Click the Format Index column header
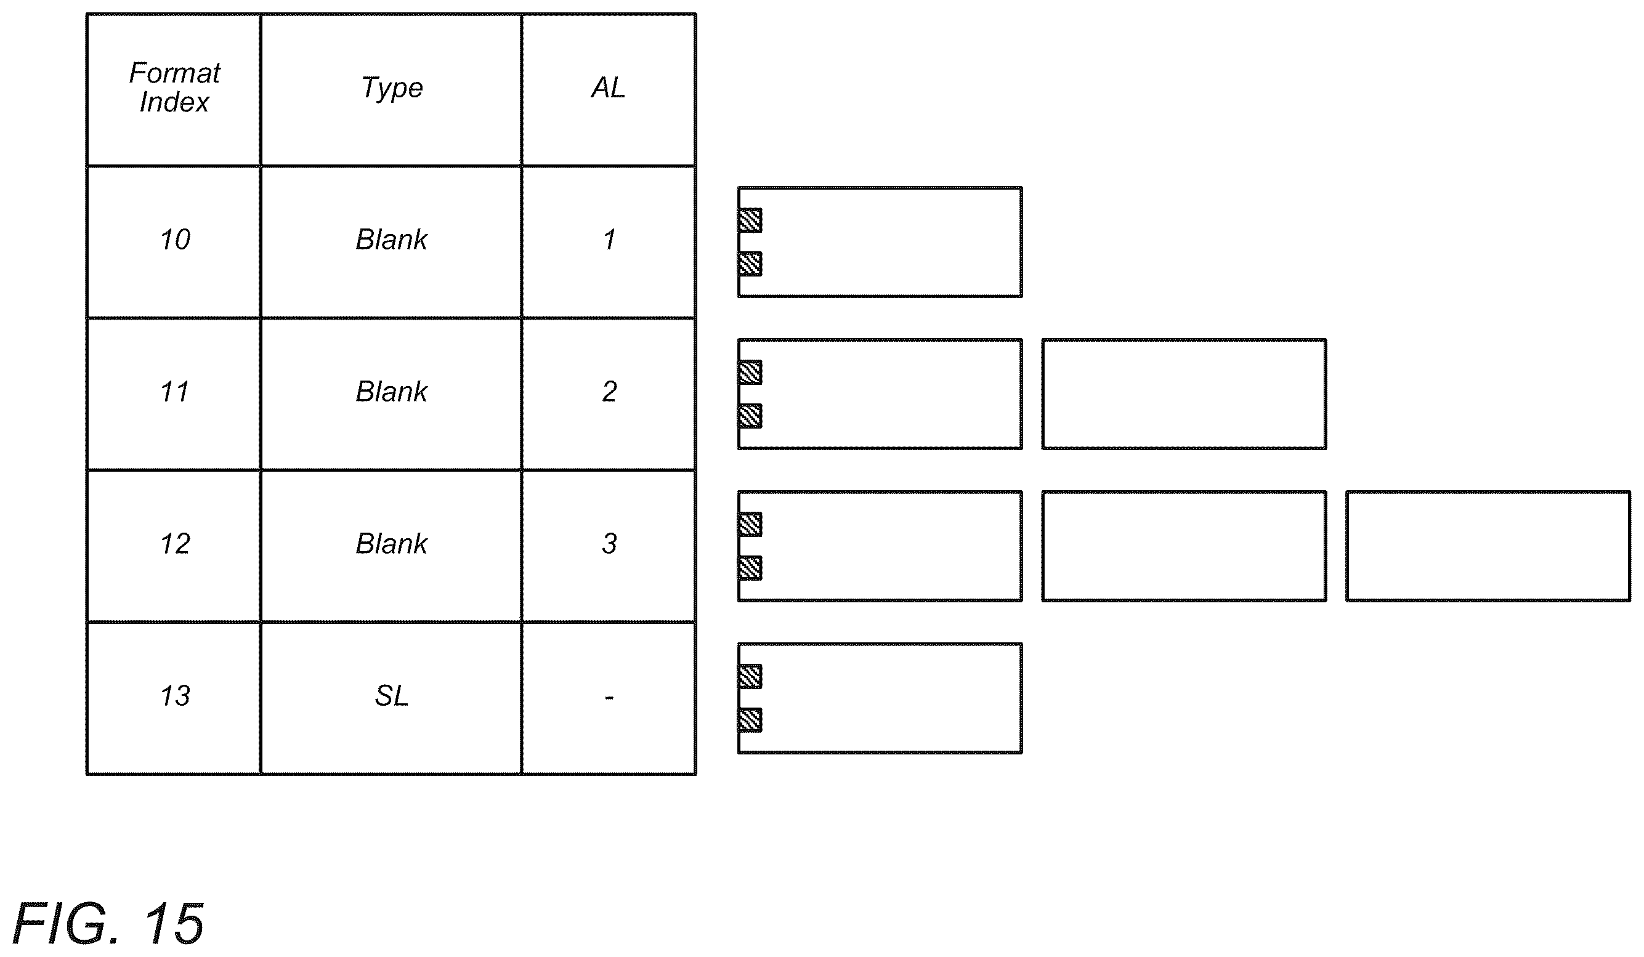(x=174, y=87)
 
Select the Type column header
(x=392, y=88)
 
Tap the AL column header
(x=608, y=87)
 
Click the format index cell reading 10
(x=175, y=240)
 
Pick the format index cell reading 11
(x=174, y=392)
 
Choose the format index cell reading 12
(x=175, y=543)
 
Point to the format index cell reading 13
(x=175, y=695)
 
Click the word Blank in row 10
(x=391, y=240)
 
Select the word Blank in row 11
(x=391, y=392)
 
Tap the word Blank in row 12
(x=391, y=543)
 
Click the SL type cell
(x=391, y=695)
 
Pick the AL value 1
(x=609, y=240)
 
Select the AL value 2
(x=609, y=392)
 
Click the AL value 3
(x=609, y=543)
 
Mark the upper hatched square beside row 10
(x=750, y=220)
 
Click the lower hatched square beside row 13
(x=750, y=720)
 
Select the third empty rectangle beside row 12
(x=1488, y=546)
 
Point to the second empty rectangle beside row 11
(x=1184, y=394)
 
